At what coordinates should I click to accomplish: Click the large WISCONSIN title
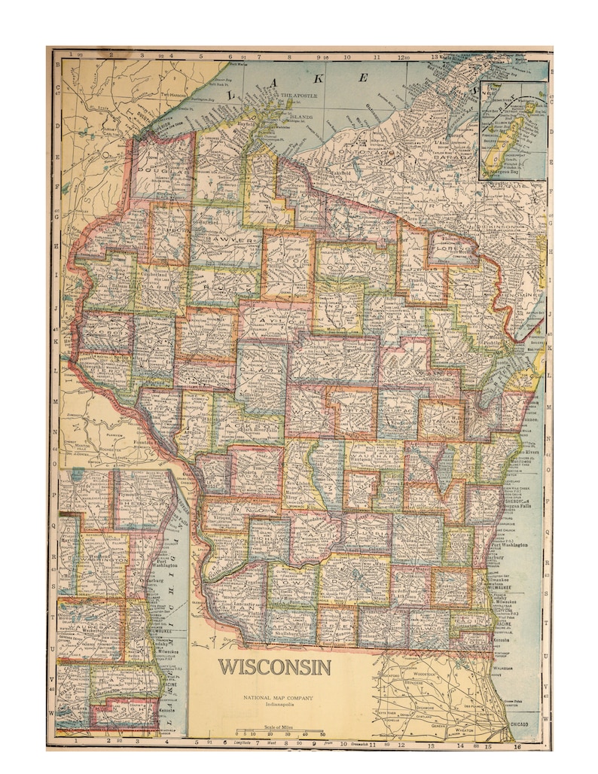pos(275,667)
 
